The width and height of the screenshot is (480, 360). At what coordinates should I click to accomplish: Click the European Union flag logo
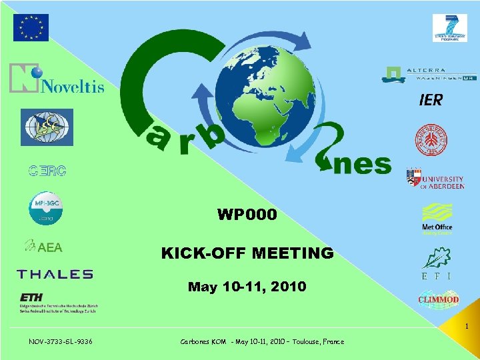(31, 27)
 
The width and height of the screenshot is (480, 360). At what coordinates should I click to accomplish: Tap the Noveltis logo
(57, 79)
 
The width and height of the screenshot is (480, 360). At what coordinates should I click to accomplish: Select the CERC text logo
(47, 171)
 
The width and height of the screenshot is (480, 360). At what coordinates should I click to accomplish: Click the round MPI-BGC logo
(45, 209)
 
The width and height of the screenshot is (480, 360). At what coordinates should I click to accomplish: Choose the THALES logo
(55, 274)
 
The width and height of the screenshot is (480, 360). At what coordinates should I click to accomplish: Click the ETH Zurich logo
(57, 302)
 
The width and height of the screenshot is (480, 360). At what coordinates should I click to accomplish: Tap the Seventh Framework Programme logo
(449, 28)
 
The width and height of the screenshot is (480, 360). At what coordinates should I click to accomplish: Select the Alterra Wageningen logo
(429, 74)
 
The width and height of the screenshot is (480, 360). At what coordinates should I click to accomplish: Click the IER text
(430, 100)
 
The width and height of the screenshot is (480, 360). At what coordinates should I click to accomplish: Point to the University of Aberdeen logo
(435, 179)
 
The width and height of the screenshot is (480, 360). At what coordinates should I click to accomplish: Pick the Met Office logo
(437, 219)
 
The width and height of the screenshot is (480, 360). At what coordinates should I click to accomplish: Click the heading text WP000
(247, 215)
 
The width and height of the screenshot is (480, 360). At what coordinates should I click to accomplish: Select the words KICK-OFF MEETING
(247, 253)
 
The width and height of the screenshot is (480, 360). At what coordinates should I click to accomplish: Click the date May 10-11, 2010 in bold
(247, 287)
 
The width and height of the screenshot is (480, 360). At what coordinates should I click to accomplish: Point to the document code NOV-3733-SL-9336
(61, 341)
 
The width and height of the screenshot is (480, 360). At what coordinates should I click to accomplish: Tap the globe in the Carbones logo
(271, 107)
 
